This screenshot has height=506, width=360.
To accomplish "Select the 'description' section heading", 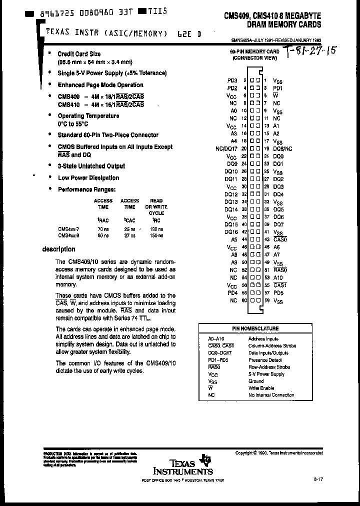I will point(58,249).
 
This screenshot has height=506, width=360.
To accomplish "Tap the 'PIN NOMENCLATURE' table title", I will point(255,328).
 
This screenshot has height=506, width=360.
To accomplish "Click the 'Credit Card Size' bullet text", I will point(79,53).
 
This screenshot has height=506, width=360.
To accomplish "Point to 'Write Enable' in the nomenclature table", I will point(260,388).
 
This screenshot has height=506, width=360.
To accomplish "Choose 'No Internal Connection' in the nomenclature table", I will point(271,395).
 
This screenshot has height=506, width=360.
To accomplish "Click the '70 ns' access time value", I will point(102,229).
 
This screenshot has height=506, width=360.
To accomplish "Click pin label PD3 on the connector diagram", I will point(231,80).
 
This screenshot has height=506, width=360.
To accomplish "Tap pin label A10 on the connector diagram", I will point(278,277).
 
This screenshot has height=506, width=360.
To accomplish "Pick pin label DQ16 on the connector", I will point(230,232).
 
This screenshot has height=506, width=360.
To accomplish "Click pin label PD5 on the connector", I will point(278,292).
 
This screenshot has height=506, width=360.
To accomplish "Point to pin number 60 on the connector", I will point(245,300).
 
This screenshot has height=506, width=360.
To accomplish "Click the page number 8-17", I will point(318,479).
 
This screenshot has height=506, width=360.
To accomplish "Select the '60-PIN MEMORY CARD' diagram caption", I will point(255,51).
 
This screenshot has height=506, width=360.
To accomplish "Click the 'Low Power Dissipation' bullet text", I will point(88,177).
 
